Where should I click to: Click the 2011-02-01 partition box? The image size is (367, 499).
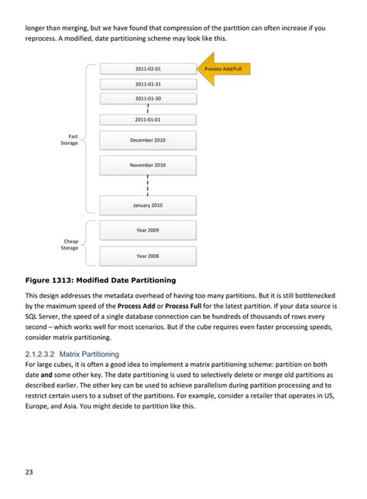[147, 69]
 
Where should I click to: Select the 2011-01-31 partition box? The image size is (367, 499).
[147, 83]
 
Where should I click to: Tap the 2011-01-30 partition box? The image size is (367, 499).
[147, 98]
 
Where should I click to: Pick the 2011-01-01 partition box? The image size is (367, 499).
[147, 120]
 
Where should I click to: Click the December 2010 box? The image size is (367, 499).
[147, 141]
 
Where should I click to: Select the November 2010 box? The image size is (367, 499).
[147, 165]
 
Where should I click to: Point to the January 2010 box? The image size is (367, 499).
[147, 205]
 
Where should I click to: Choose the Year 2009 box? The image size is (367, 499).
[147, 230]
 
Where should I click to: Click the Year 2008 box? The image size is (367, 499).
[147, 256]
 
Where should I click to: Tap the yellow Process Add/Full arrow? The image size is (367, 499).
[224, 69]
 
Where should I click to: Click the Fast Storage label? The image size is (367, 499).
[70, 140]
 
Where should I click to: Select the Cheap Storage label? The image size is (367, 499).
[70, 245]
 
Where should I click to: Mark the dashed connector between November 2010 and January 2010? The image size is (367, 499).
[147, 185]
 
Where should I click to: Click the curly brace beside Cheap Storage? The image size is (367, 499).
[87, 243]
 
